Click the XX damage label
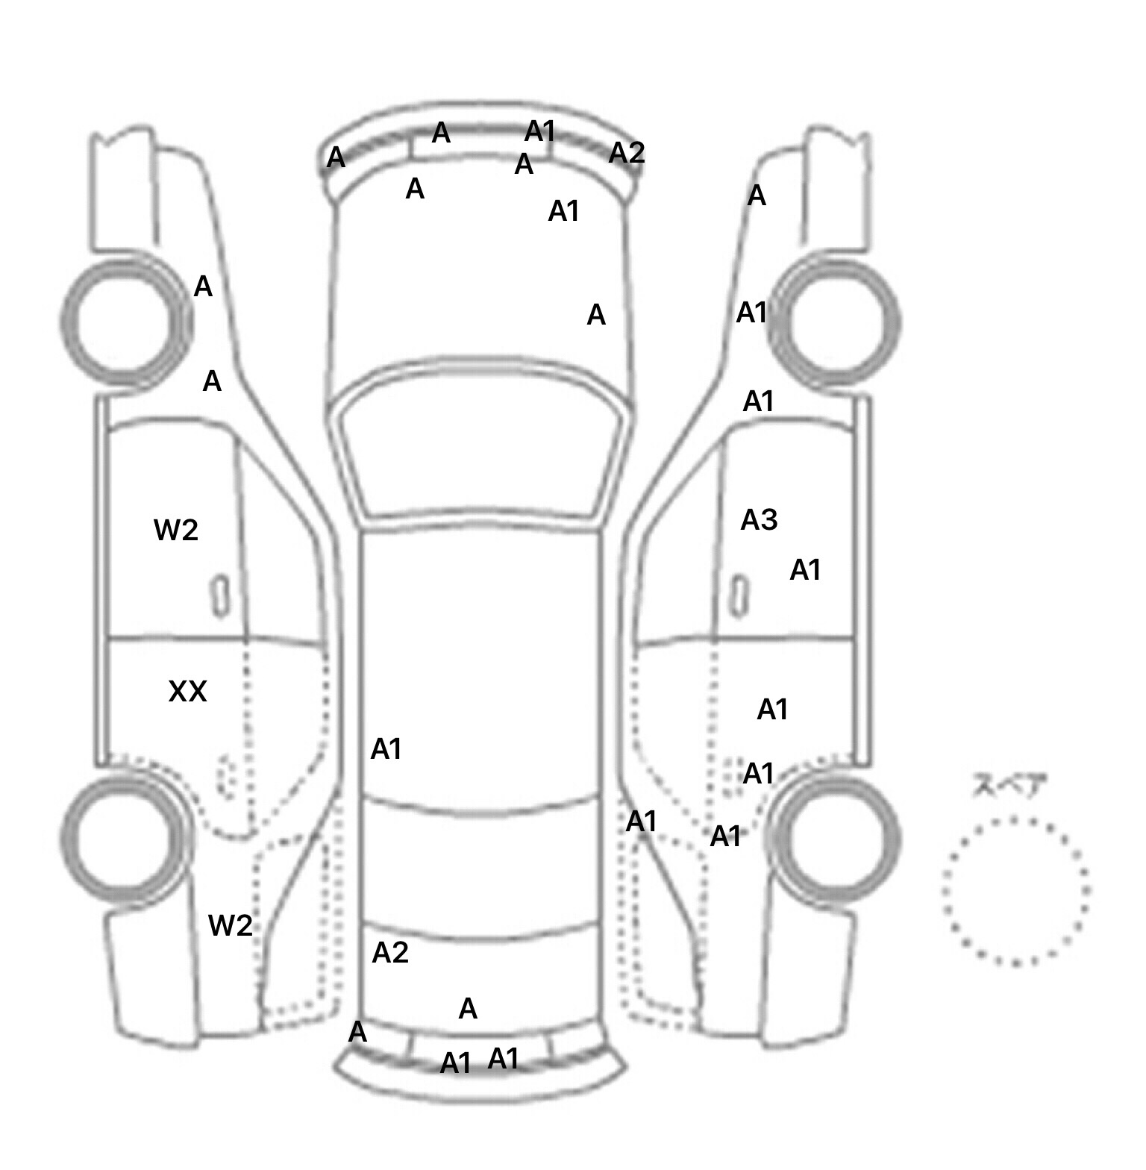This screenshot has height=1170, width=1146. click(187, 692)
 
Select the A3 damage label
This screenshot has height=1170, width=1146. click(759, 519)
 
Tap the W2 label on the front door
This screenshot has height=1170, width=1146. click(176, 530)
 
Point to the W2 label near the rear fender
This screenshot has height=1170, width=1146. click(231, 925)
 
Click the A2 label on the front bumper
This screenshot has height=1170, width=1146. click(627, 152)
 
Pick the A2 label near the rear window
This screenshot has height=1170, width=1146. click(390, 952)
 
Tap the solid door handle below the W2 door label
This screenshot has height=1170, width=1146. click(220, 596)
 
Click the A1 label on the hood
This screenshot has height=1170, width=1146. click(564, 212)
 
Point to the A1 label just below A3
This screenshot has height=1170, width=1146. click(805, 570)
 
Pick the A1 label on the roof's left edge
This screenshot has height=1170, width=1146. click(386, 748)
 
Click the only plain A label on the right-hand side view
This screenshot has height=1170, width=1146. click(757, 195)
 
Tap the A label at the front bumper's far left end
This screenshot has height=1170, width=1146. click(336, 157)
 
